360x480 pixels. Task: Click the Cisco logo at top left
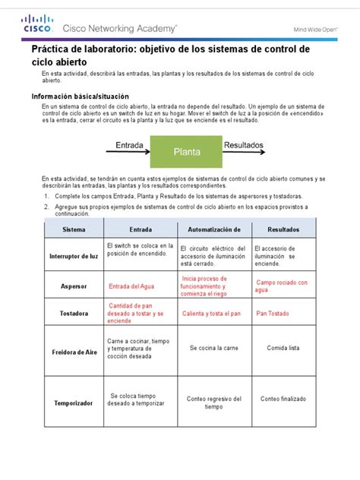coord(37,27)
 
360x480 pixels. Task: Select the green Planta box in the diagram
coord(187,151)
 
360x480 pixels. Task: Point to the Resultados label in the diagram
coord(243,143)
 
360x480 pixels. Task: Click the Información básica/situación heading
coord(80,97)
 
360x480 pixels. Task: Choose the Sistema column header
coord(74,229)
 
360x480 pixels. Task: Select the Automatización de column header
coord(213,229)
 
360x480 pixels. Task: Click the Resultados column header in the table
coord(283,229)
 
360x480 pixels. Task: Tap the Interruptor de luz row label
coord(74,257)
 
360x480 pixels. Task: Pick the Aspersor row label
coord(74,286)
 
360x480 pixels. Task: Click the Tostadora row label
coord(74,312)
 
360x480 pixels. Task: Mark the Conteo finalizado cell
coord(283,398)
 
